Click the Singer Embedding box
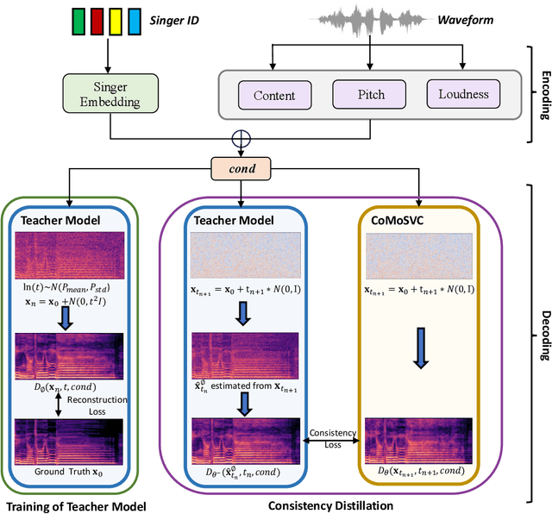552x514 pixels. pos(110,92)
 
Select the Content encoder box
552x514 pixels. pos(275,96)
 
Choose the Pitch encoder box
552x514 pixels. pos(369,96)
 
